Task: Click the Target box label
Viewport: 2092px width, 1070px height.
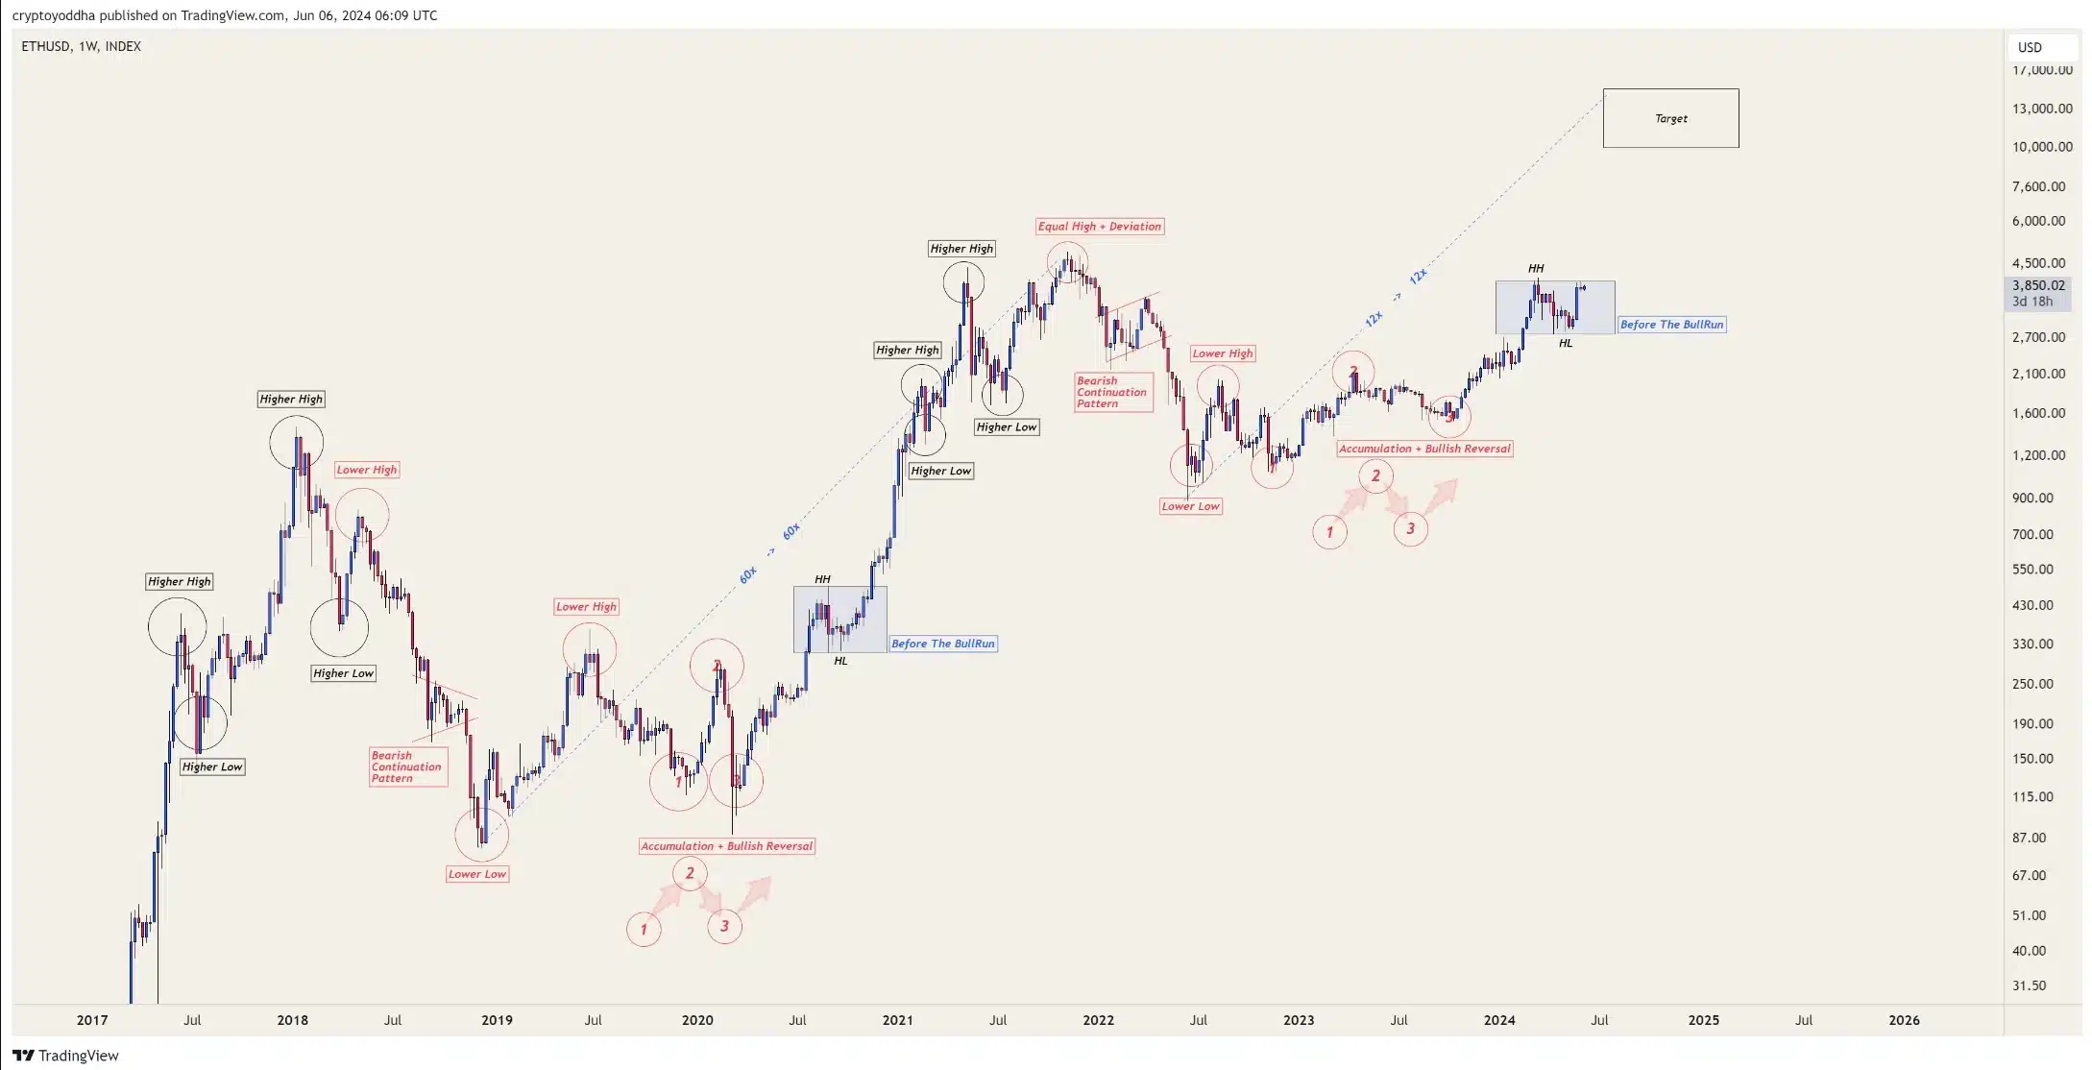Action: (x=1670, y=118)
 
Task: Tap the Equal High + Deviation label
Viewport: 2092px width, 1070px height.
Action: (x=1100, y=227)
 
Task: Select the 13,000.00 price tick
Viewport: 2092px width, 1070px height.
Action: (x=2041, y=109)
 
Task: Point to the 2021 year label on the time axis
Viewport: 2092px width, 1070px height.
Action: (x=897, y=1020)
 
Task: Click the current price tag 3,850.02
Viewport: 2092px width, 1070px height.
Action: (x=2038, y=285)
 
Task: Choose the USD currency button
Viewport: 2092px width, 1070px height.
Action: (x=2030, y=47)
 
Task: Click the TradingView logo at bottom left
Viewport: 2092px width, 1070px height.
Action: (x=65, y=1056)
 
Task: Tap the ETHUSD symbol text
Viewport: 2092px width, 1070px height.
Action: (x=46, y=46)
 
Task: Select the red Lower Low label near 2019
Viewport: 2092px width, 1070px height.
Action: (x=477, y=874)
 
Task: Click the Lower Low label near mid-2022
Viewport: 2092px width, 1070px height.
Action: (x=1190, y=506)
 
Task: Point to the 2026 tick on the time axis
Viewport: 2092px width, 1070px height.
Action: (x=1904, y=1020)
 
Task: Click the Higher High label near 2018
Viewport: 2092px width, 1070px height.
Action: (x=291, y=399)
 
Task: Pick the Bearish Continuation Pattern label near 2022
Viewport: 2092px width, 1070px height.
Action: (x=1112, y=392)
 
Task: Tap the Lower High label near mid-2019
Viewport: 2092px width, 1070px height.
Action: (x=586, y=607)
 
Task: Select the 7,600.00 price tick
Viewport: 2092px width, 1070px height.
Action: (x=2038, y=186)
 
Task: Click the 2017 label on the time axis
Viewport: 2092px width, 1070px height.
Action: (x=92, y=1020)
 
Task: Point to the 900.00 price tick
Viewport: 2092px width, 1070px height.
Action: (x=2032, y=498)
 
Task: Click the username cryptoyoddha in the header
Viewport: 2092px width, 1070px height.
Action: (x=54, y=15)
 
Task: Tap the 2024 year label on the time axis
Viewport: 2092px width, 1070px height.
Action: (x=1498, y=1020)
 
